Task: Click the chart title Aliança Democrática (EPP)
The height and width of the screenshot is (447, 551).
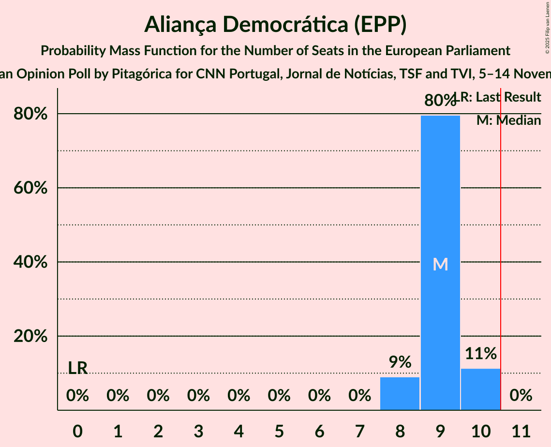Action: pos(275,25)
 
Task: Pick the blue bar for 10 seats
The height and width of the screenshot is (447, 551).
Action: pos(480,389)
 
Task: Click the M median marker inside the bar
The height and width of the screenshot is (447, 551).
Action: pos(440,264)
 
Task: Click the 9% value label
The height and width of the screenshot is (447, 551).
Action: pos(400,362)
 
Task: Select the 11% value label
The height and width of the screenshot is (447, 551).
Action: pos(480,354)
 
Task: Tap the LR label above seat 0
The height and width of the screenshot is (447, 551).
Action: pos(77,368)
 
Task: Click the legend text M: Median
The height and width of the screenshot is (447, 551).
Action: pos(508,120)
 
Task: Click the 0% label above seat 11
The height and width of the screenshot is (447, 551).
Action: pos(521,396)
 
